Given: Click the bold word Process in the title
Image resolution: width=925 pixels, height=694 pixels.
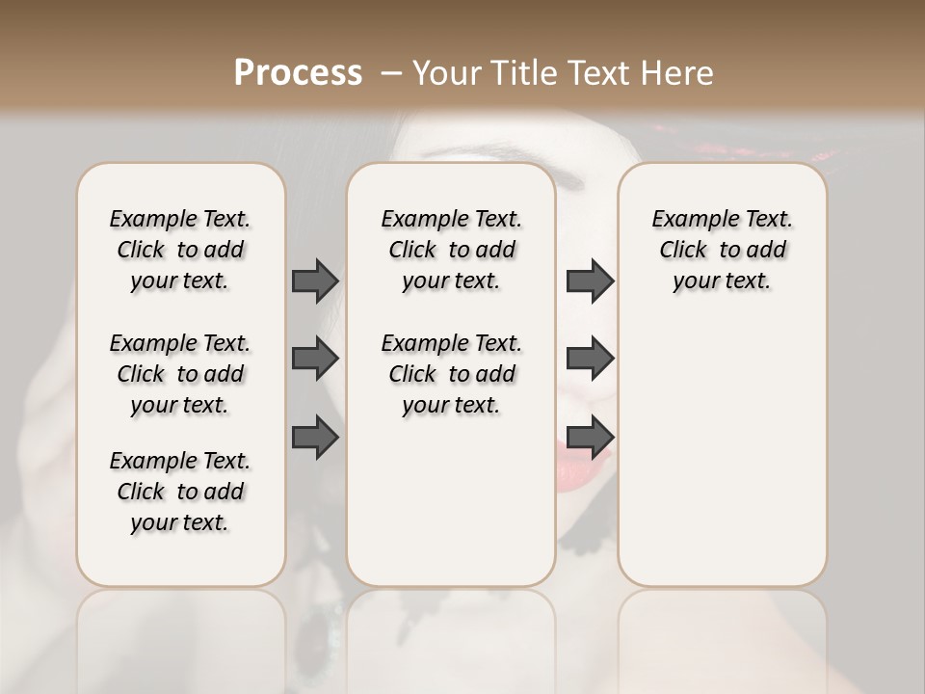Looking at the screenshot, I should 298,72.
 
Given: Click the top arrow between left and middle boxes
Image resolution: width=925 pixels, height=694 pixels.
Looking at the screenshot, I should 315,280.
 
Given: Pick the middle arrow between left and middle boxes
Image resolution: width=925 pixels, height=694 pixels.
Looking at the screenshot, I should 315,359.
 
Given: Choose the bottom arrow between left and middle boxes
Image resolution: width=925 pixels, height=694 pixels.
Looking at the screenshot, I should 315,437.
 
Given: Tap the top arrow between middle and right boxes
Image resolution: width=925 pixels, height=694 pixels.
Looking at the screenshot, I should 590,280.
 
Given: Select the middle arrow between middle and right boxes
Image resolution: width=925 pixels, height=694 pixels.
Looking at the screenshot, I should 590,359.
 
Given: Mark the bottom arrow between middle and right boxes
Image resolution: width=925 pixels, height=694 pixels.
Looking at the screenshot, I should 590,437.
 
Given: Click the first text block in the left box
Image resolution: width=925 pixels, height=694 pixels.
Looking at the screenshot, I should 180,250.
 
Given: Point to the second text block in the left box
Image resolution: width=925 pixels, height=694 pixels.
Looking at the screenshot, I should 180,374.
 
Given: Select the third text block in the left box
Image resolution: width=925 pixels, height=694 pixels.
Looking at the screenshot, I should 180,492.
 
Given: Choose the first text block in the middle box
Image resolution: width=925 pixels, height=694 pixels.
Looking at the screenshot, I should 451,250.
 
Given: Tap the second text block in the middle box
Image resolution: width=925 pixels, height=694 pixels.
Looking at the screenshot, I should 451,374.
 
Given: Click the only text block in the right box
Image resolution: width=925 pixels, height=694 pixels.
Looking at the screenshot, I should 722,250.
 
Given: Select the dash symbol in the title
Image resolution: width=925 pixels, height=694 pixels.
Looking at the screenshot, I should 391,72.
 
